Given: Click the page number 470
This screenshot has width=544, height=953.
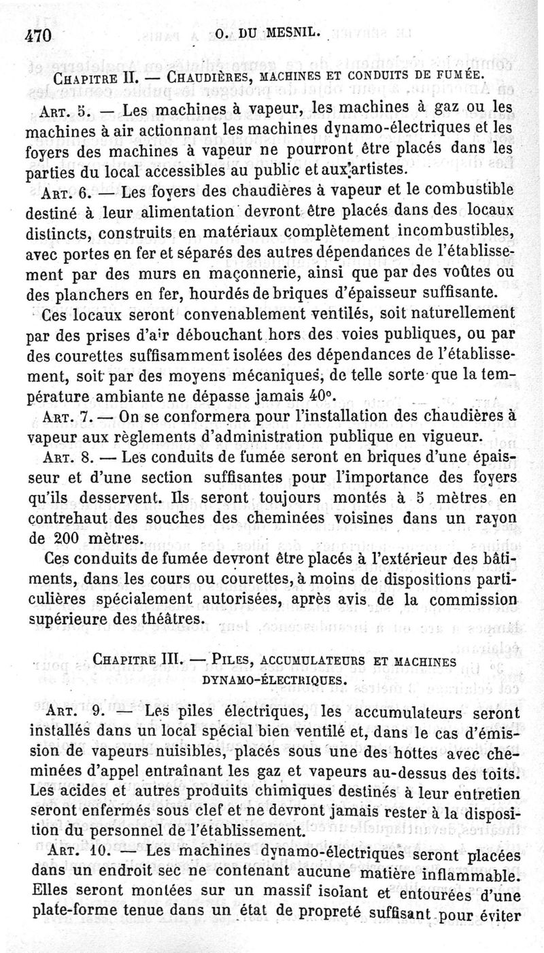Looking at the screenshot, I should click(x=38, y=37).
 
